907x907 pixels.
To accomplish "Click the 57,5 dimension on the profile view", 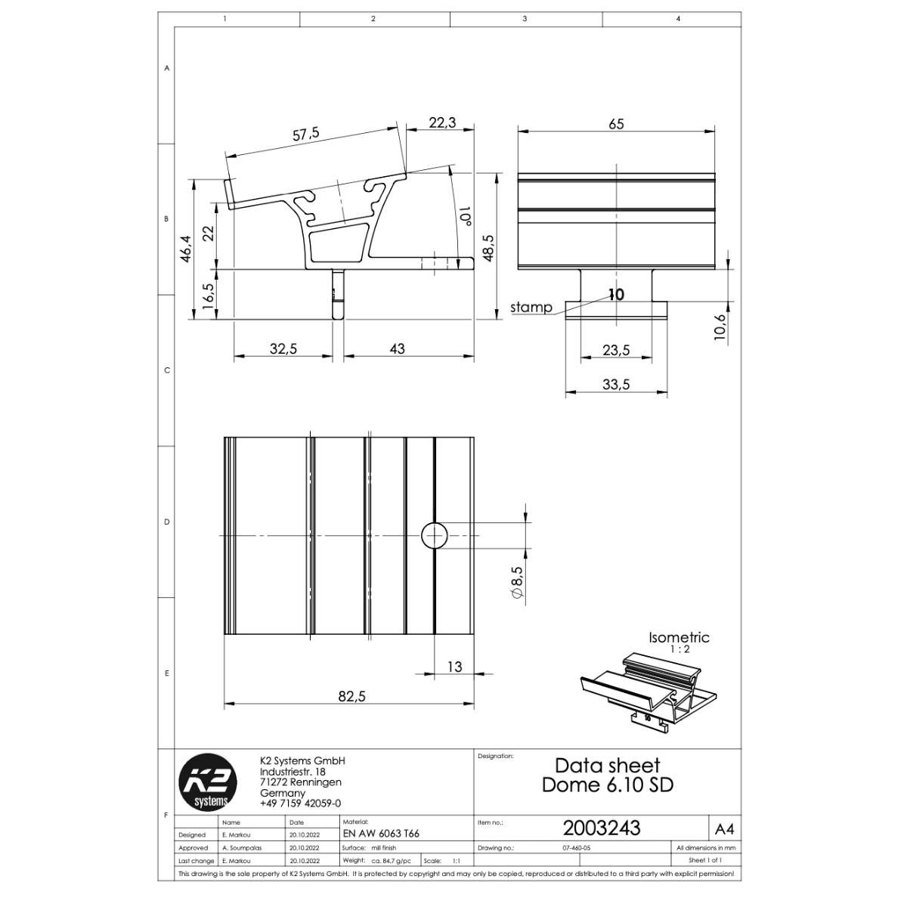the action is [305, 134].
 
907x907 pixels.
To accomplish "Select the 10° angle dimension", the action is [466, 215].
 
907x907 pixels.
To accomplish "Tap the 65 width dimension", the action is [616, 124].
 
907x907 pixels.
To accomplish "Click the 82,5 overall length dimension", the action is [351, 695].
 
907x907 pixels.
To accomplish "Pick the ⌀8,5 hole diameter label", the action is [517, 582].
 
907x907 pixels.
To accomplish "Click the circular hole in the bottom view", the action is [434, 535].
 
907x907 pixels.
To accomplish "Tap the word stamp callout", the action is [531, 308].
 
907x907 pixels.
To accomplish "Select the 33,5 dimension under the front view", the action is [616, 385].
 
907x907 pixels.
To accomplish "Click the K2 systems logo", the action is [208, 782].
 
